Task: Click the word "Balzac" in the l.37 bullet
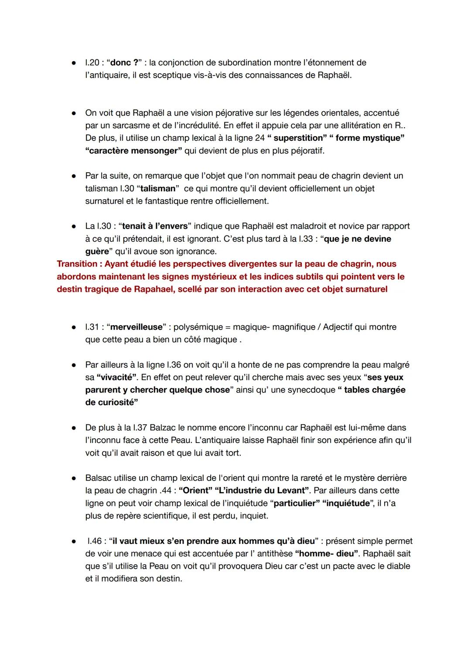(164, 428)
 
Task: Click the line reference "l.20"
(92, 63)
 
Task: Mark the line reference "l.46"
(95, 541)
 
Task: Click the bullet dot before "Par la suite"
(75, 176)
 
